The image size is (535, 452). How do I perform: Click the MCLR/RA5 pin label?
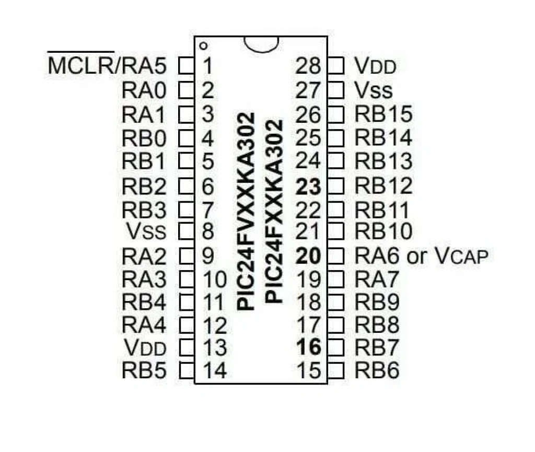[107, 65]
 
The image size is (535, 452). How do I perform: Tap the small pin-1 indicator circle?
[203, 45]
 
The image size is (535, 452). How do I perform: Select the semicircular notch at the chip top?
[261, 45]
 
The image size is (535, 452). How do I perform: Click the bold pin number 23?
[308, 187]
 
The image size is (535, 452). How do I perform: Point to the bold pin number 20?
[308, 256]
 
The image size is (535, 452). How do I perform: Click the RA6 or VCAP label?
[422, 256]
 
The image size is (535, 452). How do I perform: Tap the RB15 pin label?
[383, 114]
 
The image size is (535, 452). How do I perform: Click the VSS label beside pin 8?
[146, 231]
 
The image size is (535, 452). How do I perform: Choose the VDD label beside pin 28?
[375, 65]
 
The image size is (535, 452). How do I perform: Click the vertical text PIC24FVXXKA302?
[247, 212]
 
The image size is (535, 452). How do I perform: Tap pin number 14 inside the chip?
[215, 370]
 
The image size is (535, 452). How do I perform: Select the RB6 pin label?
[377, 370]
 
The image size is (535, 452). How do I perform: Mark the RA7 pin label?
[377, 280]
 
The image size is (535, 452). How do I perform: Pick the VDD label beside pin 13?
[145, 348]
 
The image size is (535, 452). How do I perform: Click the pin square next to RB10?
[336, 231]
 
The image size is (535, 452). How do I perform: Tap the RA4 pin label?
[144, 324]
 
